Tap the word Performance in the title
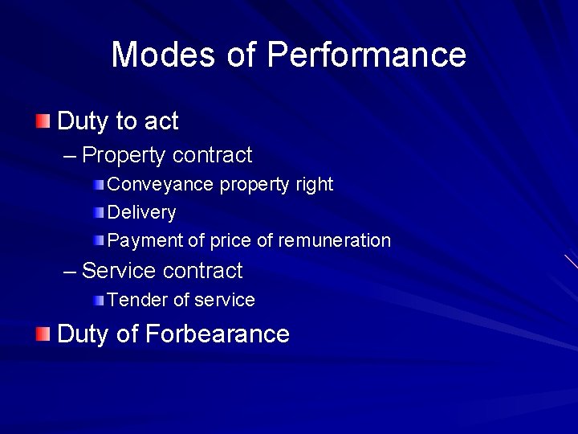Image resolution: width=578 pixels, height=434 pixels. [367, 55]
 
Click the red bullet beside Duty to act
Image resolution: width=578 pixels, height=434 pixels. [42, 121]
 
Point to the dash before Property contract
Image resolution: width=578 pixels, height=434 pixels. [71, 155]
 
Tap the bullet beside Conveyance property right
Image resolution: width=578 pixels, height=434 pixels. [98, 185]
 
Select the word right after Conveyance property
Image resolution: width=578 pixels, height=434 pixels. [314, 184]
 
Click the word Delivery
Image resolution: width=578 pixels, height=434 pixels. [141, 213]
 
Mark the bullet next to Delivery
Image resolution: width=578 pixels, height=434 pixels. [98, 213]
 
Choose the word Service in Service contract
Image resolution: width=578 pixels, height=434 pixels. [118, 270]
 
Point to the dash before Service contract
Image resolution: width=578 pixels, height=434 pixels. [71, 270]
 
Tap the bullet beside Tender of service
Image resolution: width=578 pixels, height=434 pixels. [98, 301]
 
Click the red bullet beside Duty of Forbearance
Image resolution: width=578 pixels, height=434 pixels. [42, 334]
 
